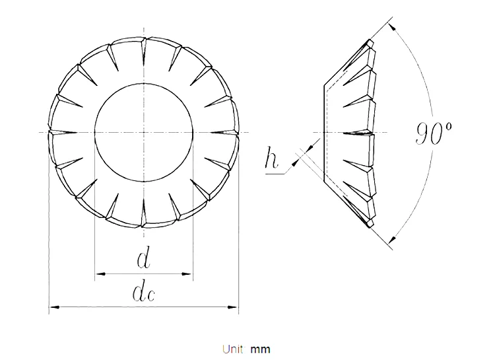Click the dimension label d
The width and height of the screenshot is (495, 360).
pyautogui.click(x=144, y=259)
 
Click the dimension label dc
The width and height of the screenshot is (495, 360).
pyautogui.click(x=144, y=293)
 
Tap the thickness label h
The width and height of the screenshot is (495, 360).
pyautogui.click(x=271, y=157)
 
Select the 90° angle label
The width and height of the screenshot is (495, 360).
pyautogui.click(x=433, y=133)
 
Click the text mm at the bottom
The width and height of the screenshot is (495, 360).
pyautogui.click(x=261, y=350)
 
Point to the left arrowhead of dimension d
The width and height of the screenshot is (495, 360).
pyautogui.click(x=100, y=273)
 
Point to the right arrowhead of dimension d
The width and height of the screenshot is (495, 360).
pyautogui.click(x=187, y=273)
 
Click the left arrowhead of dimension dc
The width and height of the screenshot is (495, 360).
pyautogui.click(x=55, y=307)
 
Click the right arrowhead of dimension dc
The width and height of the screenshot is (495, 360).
pyautogui.click(x=233, y=307)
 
